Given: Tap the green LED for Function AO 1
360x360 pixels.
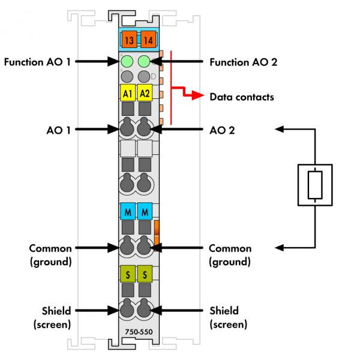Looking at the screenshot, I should [127, 61].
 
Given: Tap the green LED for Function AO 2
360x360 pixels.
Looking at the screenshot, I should [144, 61].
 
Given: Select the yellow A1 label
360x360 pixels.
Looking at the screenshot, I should [127, 94].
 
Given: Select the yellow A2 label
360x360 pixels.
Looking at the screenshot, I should [145, 94].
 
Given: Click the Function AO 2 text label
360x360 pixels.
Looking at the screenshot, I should [243, 62].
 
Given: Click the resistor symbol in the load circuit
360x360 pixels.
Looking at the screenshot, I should [316, 184].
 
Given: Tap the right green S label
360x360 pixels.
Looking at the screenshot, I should [145, 274].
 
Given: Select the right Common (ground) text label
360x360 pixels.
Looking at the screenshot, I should [230, 255].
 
